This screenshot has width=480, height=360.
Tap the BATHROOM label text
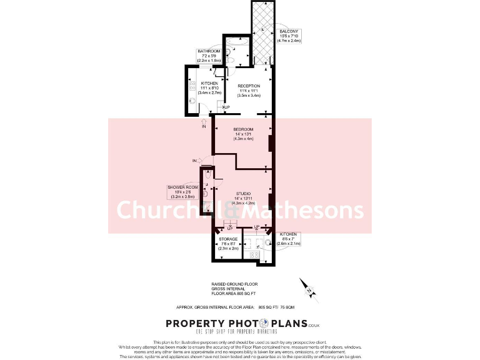209,51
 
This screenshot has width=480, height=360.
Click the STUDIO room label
244,194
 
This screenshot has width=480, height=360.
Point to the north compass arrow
307,287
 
